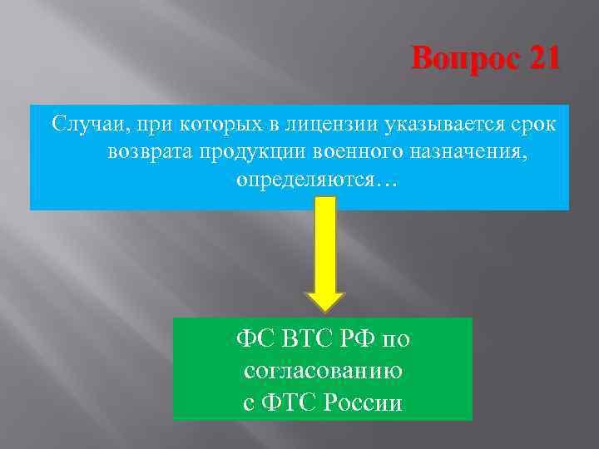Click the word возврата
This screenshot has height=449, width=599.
click(151, 152)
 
